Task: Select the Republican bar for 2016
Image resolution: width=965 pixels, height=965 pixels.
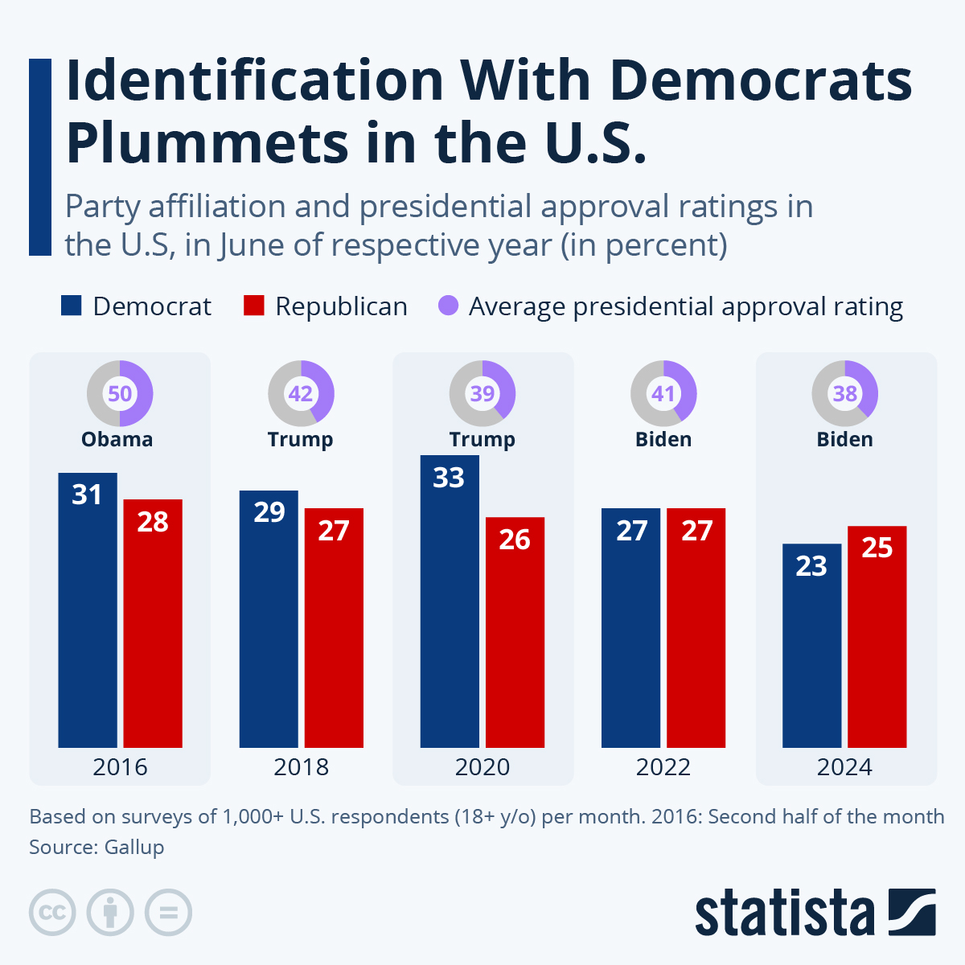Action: coord(153,623)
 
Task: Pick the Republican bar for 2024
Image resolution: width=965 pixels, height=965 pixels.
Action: coord(877,636)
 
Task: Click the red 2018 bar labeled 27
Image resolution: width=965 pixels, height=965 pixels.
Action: coord(334,627)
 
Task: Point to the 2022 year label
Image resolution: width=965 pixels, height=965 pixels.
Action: coord(663,767)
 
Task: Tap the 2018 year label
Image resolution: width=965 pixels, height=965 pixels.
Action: coord(301,767)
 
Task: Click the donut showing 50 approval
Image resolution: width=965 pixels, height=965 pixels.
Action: coord(120,393)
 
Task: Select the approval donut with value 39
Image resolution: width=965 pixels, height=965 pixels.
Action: coord(482,393)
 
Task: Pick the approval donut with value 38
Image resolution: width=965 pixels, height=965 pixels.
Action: coord(844,393)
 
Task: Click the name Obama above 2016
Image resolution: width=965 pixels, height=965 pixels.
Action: coord(117,439)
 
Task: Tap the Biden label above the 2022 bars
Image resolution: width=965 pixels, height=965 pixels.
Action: coord(663,439)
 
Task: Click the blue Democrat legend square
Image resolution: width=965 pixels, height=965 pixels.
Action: coord(72,306)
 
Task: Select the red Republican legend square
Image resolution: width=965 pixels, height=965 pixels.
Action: coord(253,306)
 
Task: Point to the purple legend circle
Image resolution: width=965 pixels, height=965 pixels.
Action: coord(448,306)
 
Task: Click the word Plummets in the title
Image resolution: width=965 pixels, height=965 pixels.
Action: coord(206,142)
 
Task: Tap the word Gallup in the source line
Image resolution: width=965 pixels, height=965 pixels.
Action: coord(134,847)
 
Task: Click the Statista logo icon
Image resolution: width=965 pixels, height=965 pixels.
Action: coord(912,912)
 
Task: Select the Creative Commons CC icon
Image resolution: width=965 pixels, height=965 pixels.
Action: coord(52,913)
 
